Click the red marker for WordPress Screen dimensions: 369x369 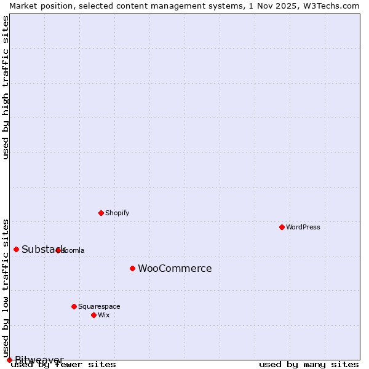point(282,227)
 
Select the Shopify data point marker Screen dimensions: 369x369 point(101,213)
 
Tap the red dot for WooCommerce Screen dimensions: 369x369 point(132,268)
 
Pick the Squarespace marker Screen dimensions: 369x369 point(74,306)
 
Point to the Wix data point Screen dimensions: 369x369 point(93,315)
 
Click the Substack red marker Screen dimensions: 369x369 point(16,249)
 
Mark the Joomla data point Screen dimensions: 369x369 point(58,250)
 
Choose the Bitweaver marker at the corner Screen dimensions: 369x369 point(9,360)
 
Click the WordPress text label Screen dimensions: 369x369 point(303,227)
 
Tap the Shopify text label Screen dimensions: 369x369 point(117,213)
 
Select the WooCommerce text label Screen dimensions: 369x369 point(175,268)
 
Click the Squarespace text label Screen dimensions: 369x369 point(99,306)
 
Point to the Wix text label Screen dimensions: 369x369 point(103,315)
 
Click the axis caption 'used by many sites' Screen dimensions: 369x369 point(309,364)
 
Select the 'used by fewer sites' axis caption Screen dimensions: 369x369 point(63,364)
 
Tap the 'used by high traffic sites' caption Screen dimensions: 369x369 point(6,87)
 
